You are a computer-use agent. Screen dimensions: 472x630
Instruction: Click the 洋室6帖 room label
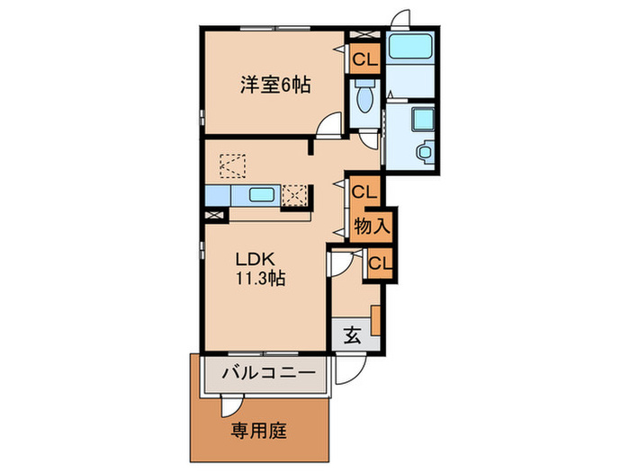(x=274, y=85)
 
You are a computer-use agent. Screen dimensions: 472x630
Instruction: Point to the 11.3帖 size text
(x=262, y=279)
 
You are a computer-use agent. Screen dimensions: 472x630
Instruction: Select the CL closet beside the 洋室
(x=364, y=60)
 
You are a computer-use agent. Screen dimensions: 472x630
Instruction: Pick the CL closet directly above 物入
(x=364, y=191)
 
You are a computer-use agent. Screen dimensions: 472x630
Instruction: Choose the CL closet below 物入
(x=379, y=263)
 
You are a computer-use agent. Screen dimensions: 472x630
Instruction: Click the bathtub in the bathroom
(x=409, y=48)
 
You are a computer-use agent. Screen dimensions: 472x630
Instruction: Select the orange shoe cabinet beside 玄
(x=376, y=320)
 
